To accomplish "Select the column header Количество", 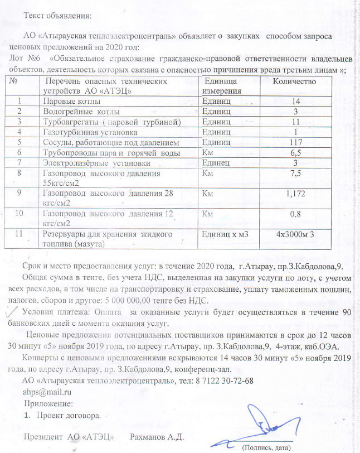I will pyautogui.click(x=294, y=82).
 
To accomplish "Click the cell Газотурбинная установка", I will pyautogui.click(x=90, y=132).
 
